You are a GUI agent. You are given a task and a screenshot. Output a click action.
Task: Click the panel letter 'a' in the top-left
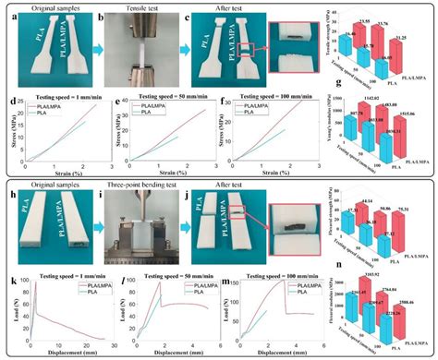click(x=11, y=17)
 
